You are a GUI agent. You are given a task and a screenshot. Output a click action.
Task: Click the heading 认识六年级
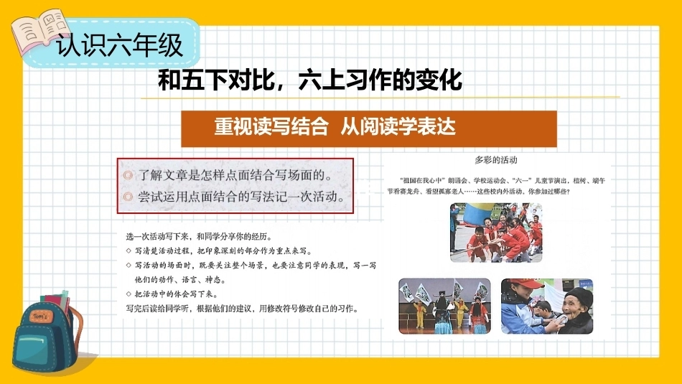(120, 45)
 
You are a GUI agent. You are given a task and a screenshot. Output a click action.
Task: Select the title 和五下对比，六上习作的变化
(310, 80)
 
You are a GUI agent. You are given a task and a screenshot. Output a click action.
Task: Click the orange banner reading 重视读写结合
(369, 128)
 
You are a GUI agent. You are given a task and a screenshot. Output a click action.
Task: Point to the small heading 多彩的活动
(496, 160)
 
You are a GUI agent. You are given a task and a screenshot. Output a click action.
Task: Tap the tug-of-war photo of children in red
(496, 233)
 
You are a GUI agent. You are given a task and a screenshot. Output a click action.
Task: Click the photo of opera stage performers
(444, 306)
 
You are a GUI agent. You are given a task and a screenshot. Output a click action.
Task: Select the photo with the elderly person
(547, 306)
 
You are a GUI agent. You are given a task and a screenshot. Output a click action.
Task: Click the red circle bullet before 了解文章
(128, 175)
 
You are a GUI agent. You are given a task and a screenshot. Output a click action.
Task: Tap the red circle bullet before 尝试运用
(128, 197)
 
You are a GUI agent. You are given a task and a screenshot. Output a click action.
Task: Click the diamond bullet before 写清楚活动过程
(129, 251)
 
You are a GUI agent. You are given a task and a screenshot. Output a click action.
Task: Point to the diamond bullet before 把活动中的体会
(129, 294)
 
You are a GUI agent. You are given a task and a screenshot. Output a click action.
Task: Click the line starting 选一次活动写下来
(199, 237)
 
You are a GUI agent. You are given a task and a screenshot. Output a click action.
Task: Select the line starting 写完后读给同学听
(242, 309)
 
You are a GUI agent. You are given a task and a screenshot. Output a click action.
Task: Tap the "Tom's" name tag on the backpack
(42, 316)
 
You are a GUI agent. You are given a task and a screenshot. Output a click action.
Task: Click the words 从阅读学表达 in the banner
(398, 127)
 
